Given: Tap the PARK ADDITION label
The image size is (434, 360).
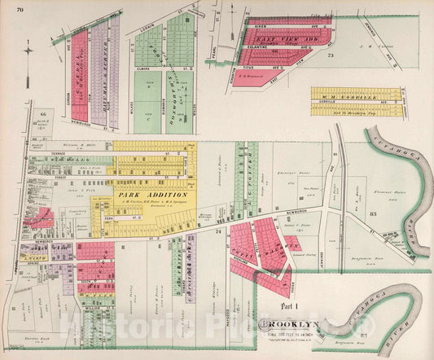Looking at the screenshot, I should (154, 195).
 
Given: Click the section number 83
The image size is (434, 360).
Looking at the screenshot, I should (374, 213).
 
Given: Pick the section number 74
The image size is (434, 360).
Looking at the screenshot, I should (219, 232).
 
